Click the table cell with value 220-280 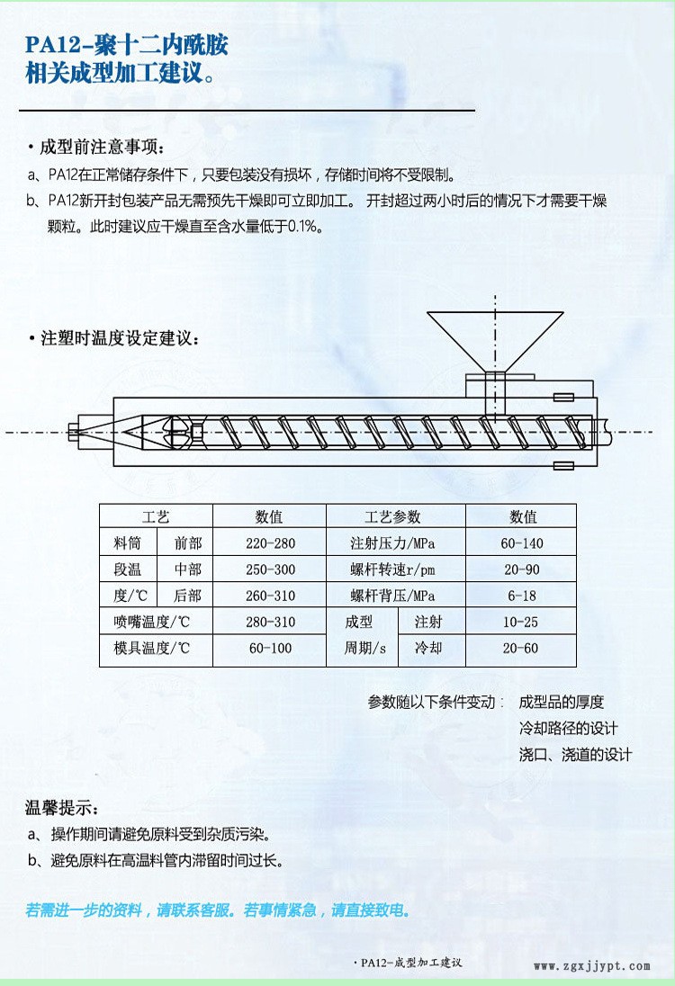pos(270,543)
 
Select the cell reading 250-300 pos(270,569)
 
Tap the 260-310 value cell pos(270,596)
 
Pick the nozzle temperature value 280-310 pos(270,622)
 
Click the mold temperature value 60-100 pos(270,649)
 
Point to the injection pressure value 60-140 pos(521,543)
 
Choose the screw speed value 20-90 pos(521,569)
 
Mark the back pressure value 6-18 pos(521,596)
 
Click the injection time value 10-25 pos(520,622)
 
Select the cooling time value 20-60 pos(520,649)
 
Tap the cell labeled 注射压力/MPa pos(392,543)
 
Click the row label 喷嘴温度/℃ pos(151,622)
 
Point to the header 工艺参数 pos(392,517)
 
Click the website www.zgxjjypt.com pos(592,966)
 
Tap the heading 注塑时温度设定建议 pos(120,338)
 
